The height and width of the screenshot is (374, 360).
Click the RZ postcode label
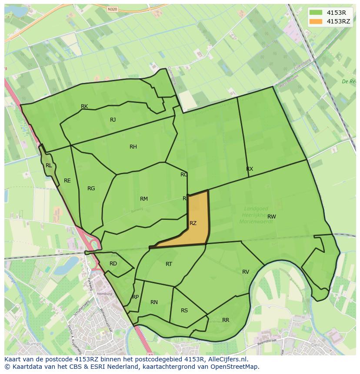click(x=193, y=223)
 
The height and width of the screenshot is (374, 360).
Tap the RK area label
click(x=84, y=106)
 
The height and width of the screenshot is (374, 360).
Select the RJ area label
click(x=113, y=120)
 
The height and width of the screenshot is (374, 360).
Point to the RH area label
click(x=133, y=147)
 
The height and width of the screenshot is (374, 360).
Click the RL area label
click(x=49, y=165)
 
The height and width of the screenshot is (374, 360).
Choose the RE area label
click(x=67, y=181)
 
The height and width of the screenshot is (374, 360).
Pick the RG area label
click(x=91, y=189)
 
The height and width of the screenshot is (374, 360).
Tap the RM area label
click(x=144, y=199)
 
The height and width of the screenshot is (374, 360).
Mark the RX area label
click(x=250, y=169)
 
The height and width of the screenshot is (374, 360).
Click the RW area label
click(x=272, y=217)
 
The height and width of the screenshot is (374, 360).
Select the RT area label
click(x=169, y=264)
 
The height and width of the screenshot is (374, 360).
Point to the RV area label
click(x=246, y=272)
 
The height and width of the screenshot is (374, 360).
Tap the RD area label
click(x=113, y=264)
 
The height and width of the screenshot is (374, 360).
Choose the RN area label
click(x=154, y=302)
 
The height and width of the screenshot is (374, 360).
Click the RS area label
click(x=184, y=311)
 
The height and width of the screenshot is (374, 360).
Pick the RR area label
click(x=226, y=320)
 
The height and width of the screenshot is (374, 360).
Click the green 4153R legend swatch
click(x=316, y=13)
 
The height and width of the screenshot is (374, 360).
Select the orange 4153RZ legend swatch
click(x=316, y=21)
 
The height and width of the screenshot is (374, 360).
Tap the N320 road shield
click(x=112, y=9)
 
